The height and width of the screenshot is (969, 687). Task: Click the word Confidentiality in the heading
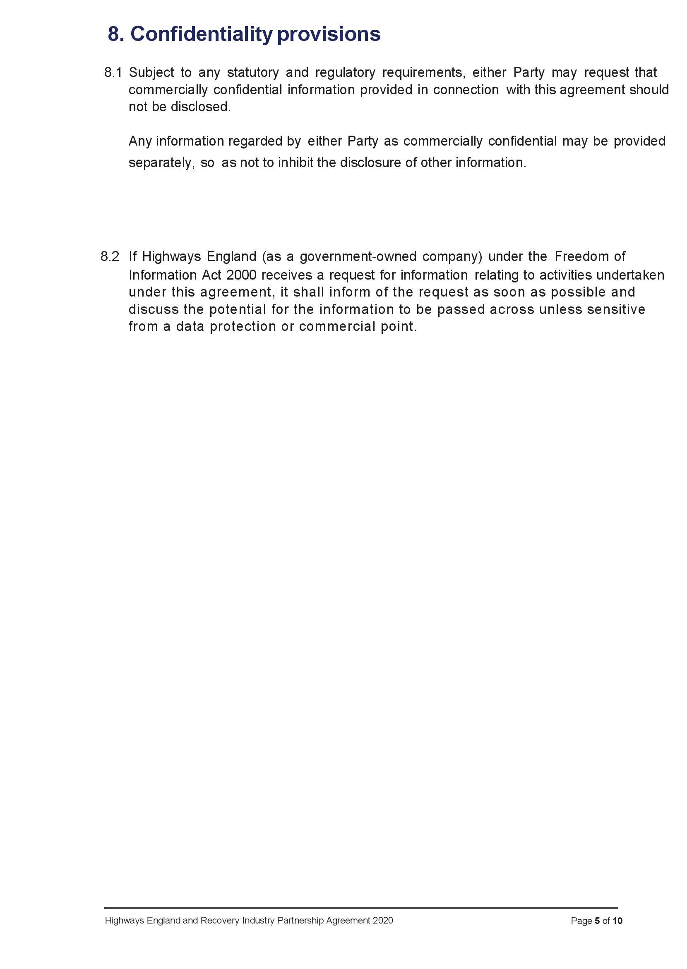point(202,34)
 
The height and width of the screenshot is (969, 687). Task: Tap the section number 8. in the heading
point(115,34)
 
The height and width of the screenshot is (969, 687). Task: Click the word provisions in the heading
point(329,34)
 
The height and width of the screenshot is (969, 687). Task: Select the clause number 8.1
point(113,72)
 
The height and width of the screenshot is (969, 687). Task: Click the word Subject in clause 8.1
point(151,72)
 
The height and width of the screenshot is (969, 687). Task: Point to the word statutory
point(252,72)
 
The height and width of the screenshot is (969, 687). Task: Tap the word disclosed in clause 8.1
point(201,107)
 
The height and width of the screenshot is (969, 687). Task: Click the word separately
point(161,163)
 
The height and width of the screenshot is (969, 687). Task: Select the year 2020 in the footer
point(382,920)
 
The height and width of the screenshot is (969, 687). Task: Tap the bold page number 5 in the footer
point(597,921)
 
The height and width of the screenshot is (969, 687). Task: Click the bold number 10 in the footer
point(617,921)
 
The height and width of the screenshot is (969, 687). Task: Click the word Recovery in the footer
point(216,920)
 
